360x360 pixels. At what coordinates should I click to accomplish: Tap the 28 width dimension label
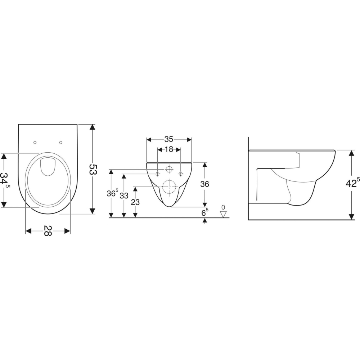click(x=48, y=231)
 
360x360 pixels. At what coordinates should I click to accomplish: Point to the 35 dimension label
click(x=169, y=139)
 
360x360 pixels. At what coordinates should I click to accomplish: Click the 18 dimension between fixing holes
click(x=169, y=149)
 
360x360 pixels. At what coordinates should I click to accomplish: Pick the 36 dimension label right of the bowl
click(x=204, y=184)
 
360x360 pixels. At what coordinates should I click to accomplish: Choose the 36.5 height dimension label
click(x=112, y=193)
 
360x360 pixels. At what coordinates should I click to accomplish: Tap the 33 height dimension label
click(x=124, y=196)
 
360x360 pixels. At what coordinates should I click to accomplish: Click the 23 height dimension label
click(x=135, y=202)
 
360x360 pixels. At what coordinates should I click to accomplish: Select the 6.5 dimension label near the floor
click(x=205, y=212)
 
